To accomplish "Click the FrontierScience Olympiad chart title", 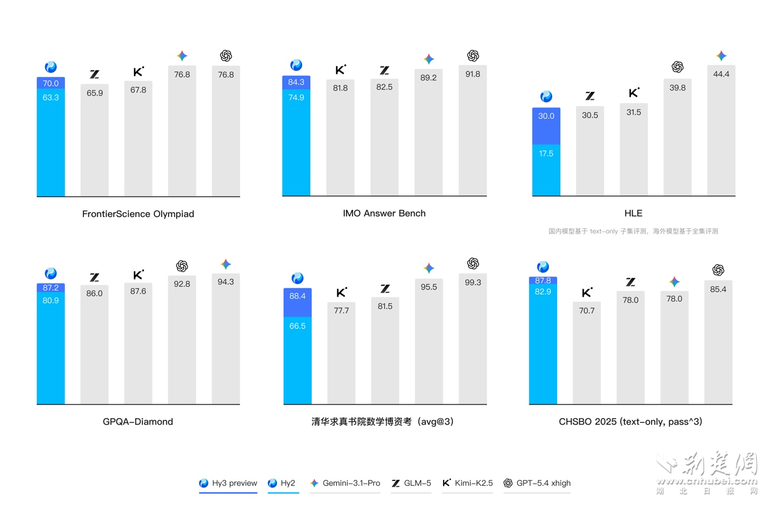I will tap(138, 214).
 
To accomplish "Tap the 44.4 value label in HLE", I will tap(721, 74).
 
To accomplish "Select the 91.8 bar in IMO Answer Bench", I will tap(473, 134).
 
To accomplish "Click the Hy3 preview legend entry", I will tap(228, 483).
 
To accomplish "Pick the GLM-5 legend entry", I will tap(411, 483).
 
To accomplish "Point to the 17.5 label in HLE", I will tap(546, 154).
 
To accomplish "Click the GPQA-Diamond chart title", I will tap(138, 422).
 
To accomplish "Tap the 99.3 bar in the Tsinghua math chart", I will tap(473, 340).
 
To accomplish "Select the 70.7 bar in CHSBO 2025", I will tap(587, 353).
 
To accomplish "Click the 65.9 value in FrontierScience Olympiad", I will tap(95, 93).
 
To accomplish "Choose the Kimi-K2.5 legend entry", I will tap(468, 483).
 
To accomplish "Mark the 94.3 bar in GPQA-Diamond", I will tap(226, 340).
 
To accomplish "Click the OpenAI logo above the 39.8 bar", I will tap(677, 67).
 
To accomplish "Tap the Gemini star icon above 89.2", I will tap(429, 59).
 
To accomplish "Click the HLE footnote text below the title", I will tap(633, 231).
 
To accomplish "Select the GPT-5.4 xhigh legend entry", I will tap(537, 483).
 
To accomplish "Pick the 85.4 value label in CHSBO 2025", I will tap(718, 289).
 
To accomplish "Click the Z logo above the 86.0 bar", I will tap(95, 277).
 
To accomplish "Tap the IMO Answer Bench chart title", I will tap(384, 213).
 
